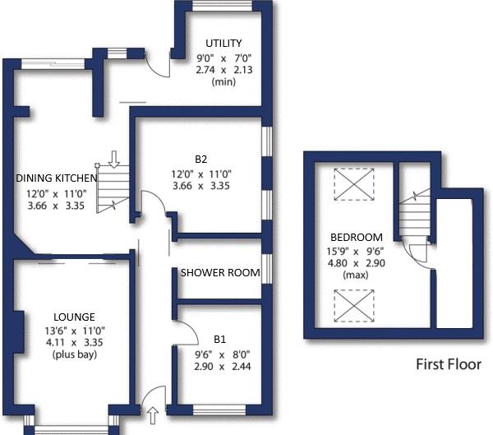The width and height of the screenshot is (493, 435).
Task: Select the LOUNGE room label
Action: [74, 317]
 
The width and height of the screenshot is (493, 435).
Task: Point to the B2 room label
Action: [201, 160]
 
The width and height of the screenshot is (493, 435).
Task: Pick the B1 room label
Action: [219, 338]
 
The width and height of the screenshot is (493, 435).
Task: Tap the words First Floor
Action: [448, 364]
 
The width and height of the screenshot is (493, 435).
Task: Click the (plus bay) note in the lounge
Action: [73, 355]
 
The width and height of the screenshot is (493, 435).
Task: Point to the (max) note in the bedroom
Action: [356, 275]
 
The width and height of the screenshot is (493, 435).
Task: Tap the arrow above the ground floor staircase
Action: [114, 157]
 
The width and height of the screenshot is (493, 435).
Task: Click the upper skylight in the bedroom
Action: [355, 183]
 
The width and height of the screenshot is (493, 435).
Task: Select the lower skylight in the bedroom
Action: [355, 307]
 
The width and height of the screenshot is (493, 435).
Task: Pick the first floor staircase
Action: [412, 215]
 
